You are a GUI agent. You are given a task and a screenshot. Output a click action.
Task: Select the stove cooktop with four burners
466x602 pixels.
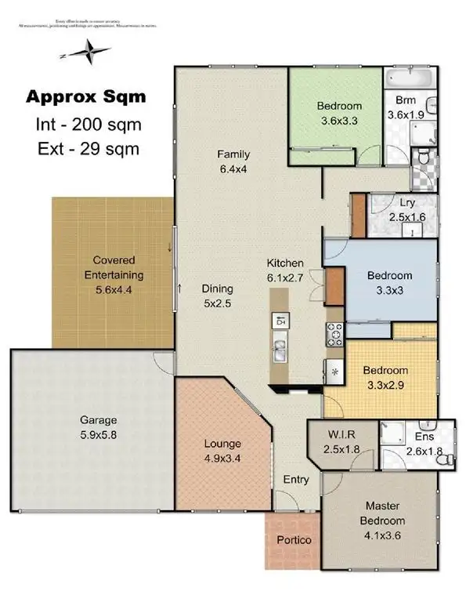tap(335, 335)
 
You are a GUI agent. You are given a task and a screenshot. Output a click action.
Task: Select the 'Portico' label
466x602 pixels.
tap(294, 540)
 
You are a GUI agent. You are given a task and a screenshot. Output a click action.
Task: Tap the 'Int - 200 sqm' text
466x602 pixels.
tap(88, 124)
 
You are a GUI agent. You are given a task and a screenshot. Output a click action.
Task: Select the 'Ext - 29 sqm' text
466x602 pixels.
tap(87, 148)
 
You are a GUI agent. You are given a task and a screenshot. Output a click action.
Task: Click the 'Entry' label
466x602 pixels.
tap(296, 480)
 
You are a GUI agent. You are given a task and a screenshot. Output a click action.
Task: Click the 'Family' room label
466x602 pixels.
tap(233, 154)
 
